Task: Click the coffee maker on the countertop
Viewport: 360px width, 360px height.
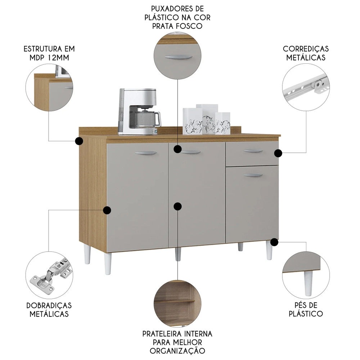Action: [x=139, y=112]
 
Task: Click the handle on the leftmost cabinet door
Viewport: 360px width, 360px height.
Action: [x=146, y=153]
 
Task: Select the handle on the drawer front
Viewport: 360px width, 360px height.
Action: [x=253, y=151]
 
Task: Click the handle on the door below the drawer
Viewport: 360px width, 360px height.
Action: [x=253, y=175]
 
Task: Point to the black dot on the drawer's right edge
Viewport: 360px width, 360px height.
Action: [x=278, y=153]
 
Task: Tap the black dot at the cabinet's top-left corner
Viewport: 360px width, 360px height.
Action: [x=79, y=141]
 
